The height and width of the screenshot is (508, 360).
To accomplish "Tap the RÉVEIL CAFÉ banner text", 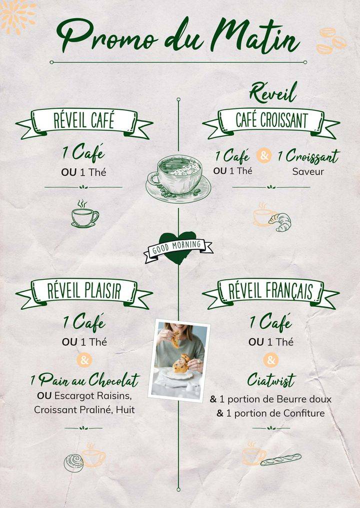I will [84, 121].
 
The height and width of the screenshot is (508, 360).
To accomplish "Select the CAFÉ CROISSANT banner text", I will [271, 120].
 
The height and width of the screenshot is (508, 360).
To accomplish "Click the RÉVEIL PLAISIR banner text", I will [84, 291].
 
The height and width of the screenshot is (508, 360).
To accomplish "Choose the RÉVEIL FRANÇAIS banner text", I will [270, 291].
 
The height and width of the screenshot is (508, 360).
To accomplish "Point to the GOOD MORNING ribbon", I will [177, 246].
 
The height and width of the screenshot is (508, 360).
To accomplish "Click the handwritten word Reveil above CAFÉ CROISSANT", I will [273, 93].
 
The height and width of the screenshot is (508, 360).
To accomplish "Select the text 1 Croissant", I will [308, 156].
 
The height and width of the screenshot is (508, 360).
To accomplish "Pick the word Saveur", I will [308, 171].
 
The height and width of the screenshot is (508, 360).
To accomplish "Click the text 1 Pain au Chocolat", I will [84, 381].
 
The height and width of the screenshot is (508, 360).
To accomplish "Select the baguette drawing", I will [281, 459].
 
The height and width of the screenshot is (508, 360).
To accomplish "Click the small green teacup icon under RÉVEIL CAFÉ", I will [84, 215].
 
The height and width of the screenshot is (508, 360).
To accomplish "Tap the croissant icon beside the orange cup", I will [280, 222].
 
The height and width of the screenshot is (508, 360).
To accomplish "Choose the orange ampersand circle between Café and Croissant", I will [264, 156].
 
